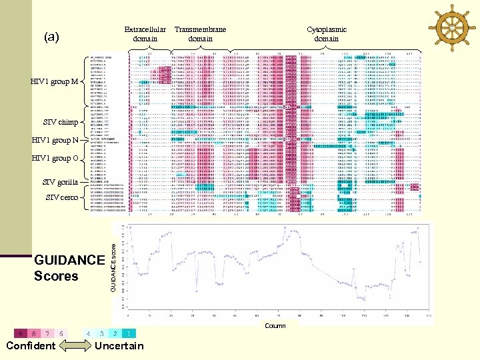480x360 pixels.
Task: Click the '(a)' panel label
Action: tap(51, 37)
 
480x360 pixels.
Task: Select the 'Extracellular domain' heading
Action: tap(145, 34)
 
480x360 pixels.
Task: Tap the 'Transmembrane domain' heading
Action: tap(200, 34)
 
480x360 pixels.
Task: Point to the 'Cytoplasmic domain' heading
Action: tap(326, 34)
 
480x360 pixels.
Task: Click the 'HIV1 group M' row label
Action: tap(54, 82)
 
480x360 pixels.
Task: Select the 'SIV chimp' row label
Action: tap(60, 123)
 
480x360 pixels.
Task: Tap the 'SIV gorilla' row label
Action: tap(60, 182)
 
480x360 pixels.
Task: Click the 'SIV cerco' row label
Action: tap(62, 197)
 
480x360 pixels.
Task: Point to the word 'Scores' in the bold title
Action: tap(56, 275)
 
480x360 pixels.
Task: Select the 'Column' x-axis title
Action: tap(275, 326)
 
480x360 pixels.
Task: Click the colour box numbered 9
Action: tap(21, 333)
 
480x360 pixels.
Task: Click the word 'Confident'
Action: tap(31, 345)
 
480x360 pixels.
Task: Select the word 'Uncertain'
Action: tap(119, 345)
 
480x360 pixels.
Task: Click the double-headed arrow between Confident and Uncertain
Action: tap(73, 345)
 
